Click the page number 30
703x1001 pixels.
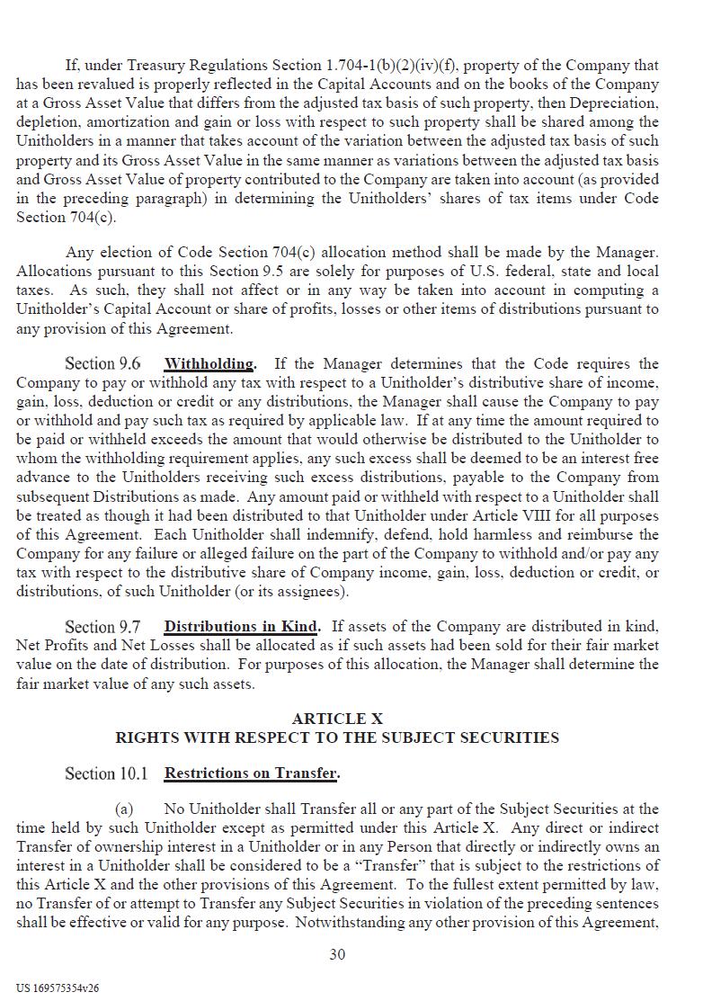pyautogui.click(x=337, y=954)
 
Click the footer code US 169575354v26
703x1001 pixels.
pyautogui.click(x=58, y=988)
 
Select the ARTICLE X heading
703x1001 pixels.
pyautogui.click(x=337, y=719)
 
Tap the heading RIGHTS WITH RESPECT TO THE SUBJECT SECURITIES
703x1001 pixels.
pyautogui.click(x=337, y=737)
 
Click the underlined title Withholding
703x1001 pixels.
pyautogui.click(x=209, y=364)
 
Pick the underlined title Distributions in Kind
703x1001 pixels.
pyautogui.click(x=241, y=627)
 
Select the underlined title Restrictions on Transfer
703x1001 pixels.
pyautogui.click(x=251, y=773)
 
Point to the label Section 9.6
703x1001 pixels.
pyautogui.click(x=102, y=364)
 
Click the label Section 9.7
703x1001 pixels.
pyautogui.click(x=102, y=627)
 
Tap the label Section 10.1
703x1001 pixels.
pyautogui.click(x=106, y=773)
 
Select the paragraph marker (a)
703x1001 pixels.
pyautogui.click(x=127, y=809)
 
